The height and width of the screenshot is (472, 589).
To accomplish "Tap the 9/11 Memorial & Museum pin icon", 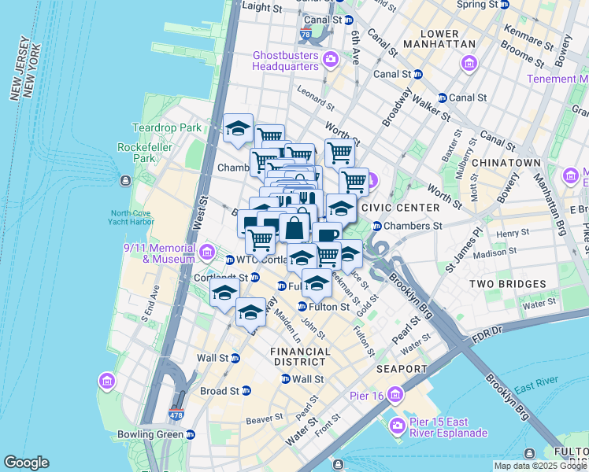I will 207,253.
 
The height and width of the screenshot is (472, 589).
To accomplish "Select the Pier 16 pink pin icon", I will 395,393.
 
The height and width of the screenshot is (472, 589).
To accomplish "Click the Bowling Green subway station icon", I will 191,434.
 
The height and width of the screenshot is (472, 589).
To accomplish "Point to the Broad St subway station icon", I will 246,391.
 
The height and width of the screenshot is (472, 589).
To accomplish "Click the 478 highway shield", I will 176,413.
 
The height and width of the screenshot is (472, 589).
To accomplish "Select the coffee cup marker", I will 327,234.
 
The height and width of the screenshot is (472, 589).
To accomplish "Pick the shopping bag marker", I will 294,228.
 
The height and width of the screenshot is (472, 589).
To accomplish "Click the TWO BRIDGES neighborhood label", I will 508,284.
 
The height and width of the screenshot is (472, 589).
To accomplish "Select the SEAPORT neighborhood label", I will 402,369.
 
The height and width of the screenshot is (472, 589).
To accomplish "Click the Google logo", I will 26,463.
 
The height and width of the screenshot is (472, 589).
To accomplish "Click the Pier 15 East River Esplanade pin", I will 398,426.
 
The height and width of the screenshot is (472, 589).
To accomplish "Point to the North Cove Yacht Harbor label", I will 143,218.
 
